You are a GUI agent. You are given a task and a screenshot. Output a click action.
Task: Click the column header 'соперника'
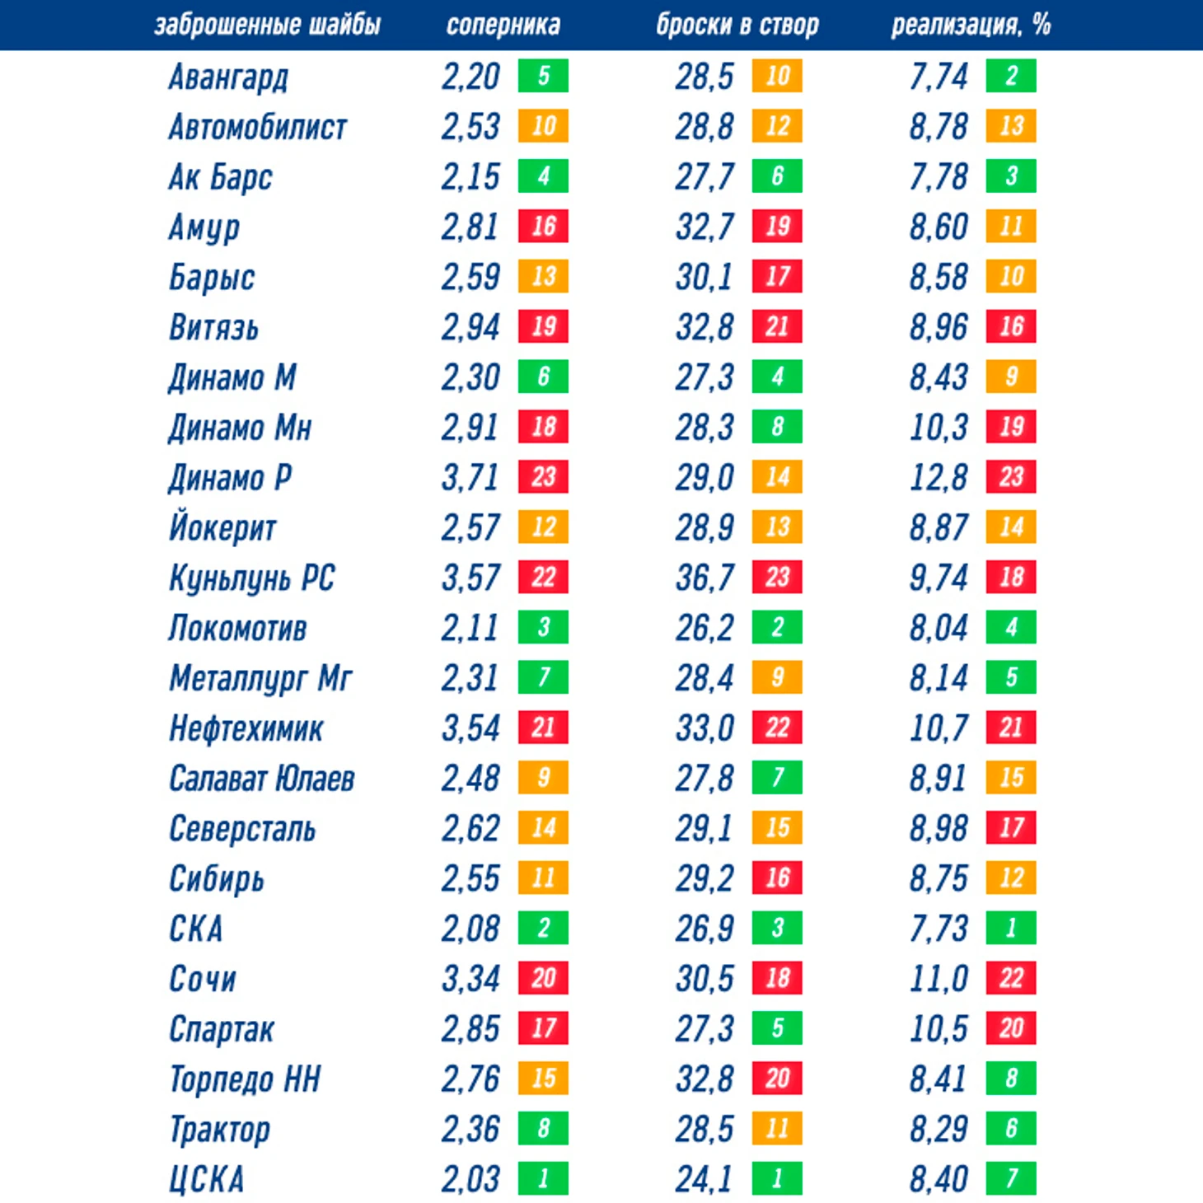(x=503, y=26)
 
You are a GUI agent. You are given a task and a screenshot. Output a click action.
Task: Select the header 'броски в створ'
(x=737, y=26)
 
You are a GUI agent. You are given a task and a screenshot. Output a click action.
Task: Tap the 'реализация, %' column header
(x=971, y=26)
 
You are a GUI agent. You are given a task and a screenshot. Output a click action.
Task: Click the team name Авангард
(x=228, y=77)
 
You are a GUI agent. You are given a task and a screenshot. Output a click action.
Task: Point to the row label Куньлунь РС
(x=251, y=578)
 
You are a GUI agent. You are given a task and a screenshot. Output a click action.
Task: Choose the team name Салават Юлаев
(x=261, y=779)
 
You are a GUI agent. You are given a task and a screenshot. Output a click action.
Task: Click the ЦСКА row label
(x=206, y=1179)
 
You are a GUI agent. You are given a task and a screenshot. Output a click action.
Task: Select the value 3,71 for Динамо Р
(x=470, y=478)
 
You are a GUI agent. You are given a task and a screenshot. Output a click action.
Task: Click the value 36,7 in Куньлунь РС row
(x=704, y=578)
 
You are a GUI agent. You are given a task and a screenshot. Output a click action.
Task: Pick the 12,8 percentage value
(x=939, y=478)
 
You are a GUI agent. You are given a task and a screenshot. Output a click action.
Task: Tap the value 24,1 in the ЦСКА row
(x=704, y=1179)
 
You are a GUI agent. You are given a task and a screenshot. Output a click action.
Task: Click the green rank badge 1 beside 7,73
(x=1011, y=929)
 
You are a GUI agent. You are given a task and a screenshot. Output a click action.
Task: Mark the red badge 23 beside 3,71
(x=543, y=477)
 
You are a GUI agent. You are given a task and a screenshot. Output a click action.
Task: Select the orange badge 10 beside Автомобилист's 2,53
(x=543, y=126)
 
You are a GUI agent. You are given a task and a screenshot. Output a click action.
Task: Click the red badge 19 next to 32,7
(x=777, y=227)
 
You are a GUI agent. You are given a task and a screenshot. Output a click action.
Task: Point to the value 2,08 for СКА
(x=470, y=929)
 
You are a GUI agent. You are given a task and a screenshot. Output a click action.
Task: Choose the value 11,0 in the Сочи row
(x=939, y=979)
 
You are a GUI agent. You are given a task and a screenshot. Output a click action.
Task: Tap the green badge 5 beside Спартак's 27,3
(x=777, y=1028)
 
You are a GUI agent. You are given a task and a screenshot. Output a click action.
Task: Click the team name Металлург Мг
(x=260, y=679)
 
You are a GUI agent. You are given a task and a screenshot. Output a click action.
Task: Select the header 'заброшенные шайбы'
(x=268, y=26)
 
